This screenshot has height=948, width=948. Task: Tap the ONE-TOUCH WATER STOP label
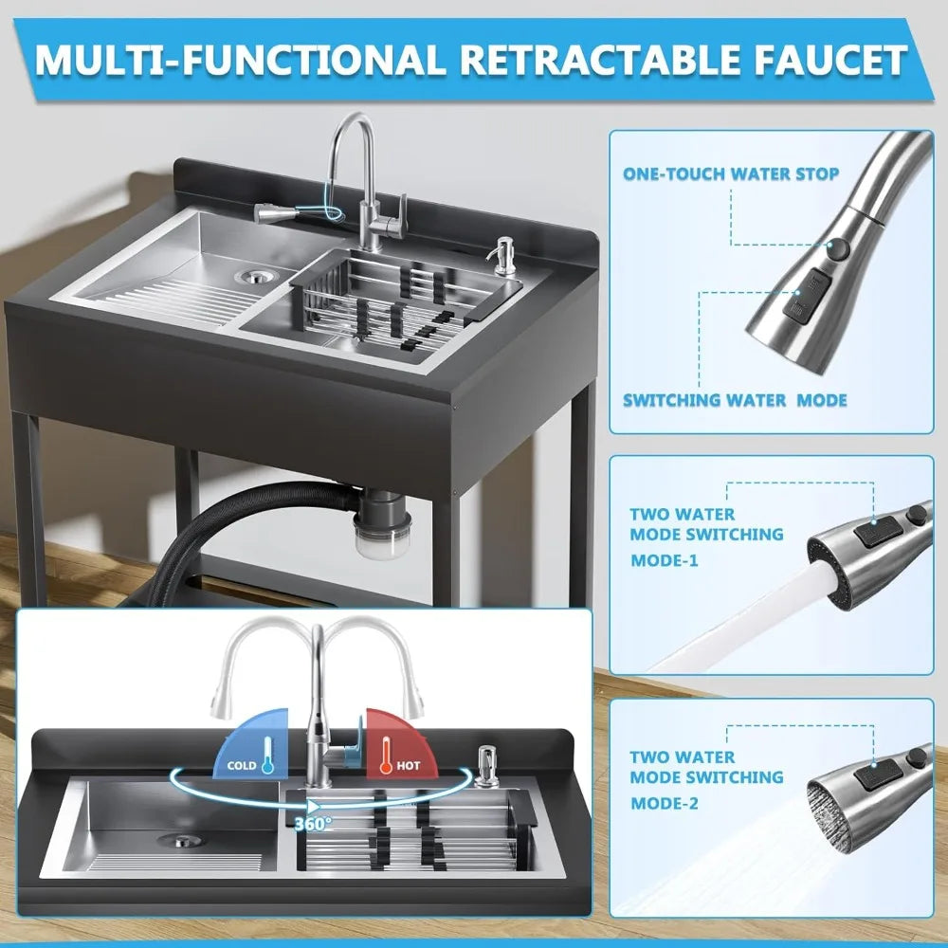click(x=730, y=174)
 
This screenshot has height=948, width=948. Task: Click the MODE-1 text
click(x=665, y=560)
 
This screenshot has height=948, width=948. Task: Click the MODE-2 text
click(x=665, y=803)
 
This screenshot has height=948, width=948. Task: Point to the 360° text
click(x=313, y=824)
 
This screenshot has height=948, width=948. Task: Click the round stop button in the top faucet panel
click(x=837, y=249)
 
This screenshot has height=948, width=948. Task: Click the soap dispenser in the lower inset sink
click(x=486, y=765)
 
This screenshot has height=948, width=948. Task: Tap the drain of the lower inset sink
click(x=175, y=840)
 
